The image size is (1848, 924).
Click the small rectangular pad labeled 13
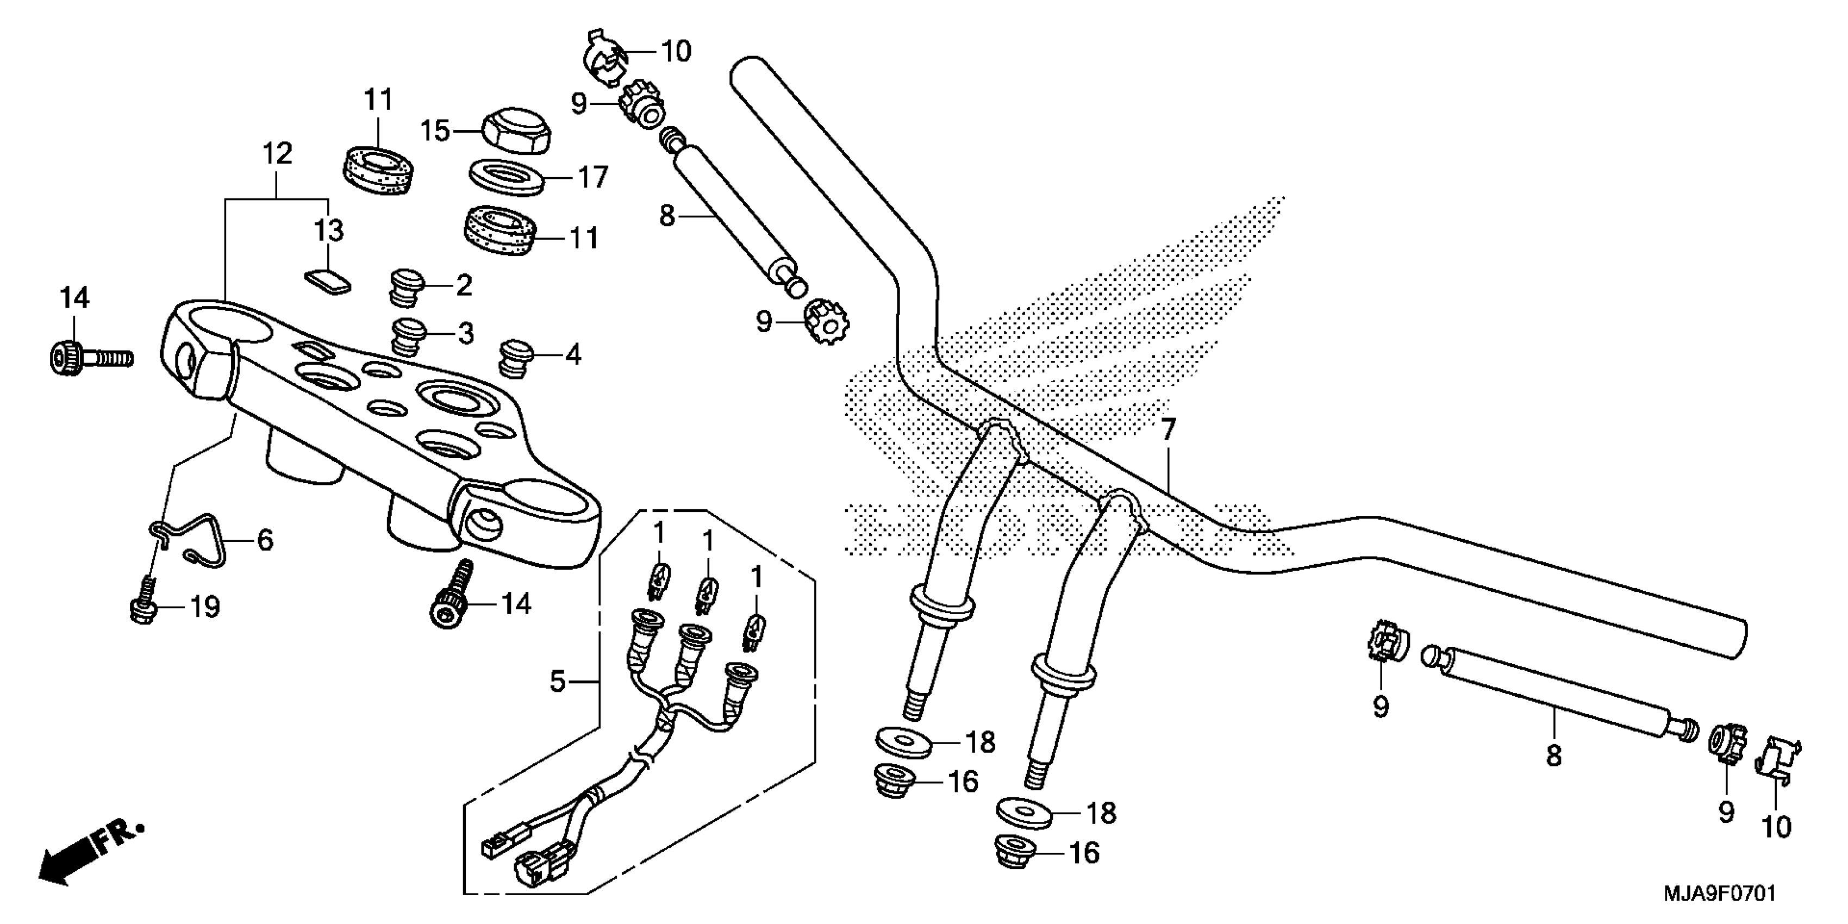tap(326, 280)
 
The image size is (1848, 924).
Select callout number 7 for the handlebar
tap(1169, 430)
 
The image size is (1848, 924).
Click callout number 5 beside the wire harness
tap(558, 681)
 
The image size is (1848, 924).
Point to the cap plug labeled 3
tap(408, 334)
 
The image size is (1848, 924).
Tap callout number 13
tap(329, 230)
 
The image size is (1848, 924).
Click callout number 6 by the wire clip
tap(265, 540)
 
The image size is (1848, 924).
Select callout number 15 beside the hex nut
tap(435, 132)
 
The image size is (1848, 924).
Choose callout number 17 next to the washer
tap(592, 177)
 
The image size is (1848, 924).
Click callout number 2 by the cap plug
tap(464, 285)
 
